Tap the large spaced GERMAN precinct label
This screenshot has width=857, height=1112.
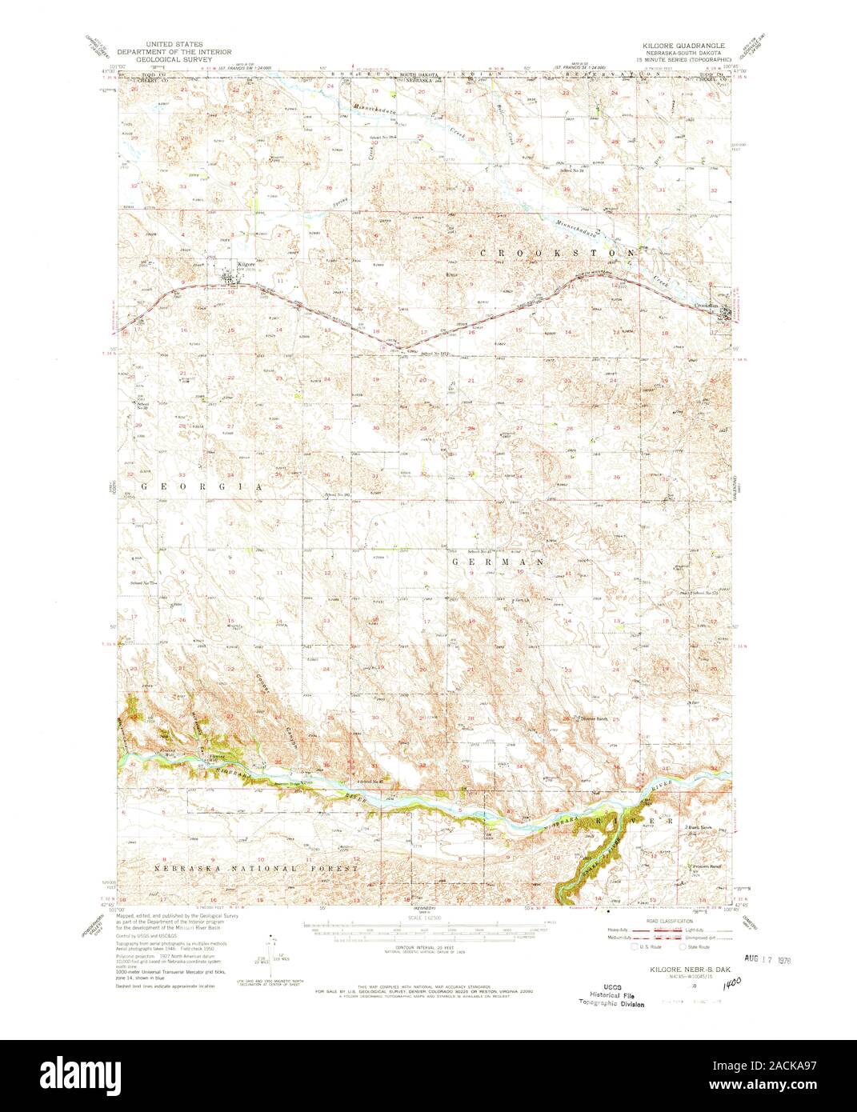pos(497,562)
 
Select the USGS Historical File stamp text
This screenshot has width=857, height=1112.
pos(612,987)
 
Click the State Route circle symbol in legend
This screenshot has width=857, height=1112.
pos(684,947)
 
